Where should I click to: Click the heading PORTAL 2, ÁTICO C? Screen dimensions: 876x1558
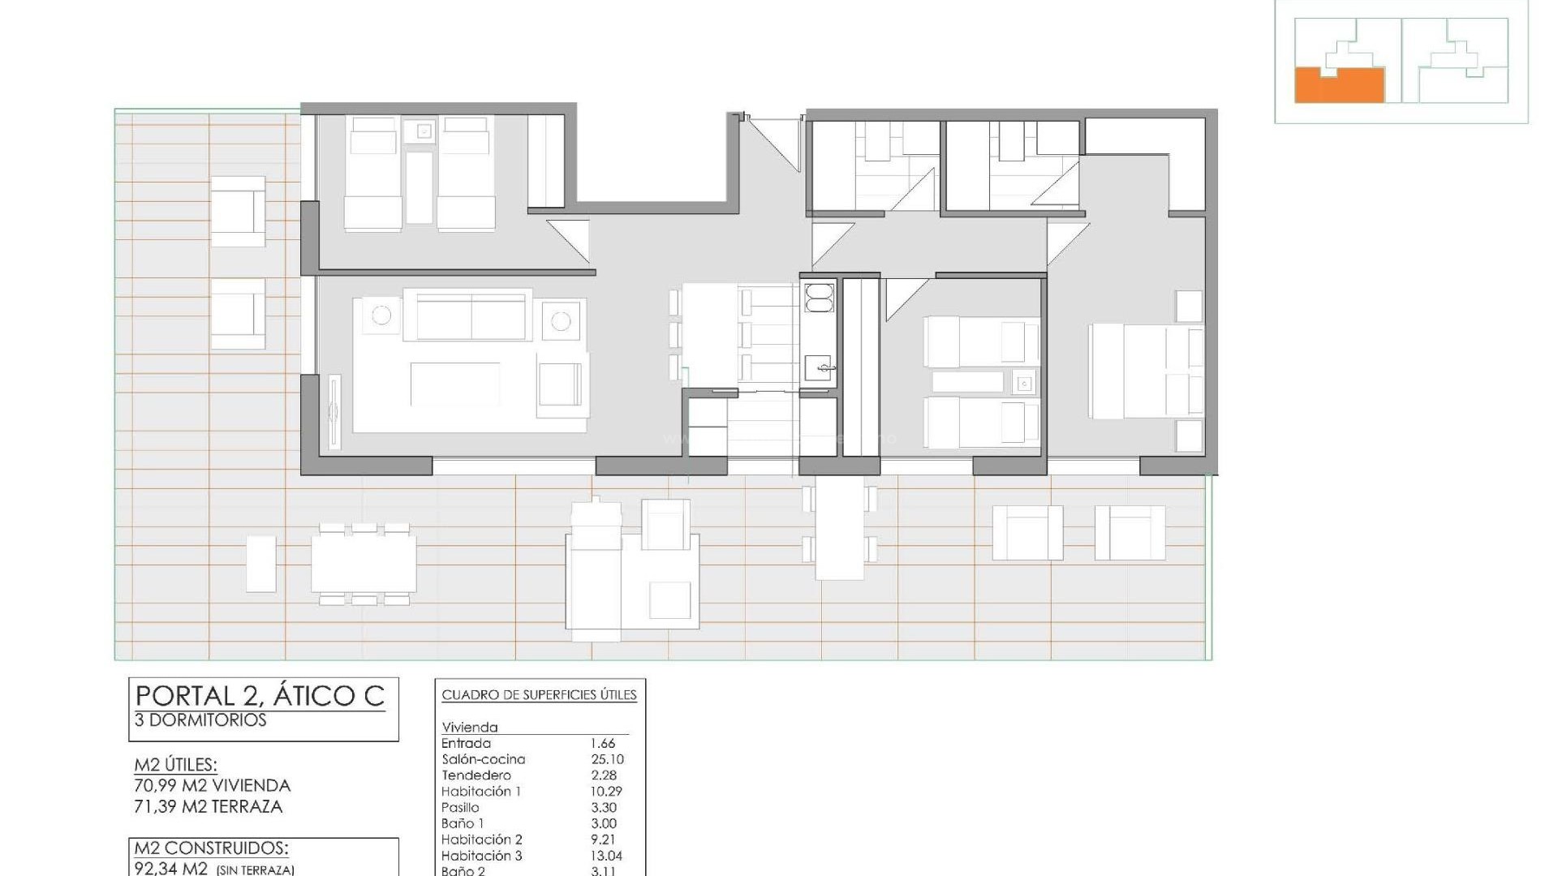pos(260,697)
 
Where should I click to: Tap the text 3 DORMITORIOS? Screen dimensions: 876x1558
pos(200,720)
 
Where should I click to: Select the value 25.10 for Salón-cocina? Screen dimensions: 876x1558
pos(607,759)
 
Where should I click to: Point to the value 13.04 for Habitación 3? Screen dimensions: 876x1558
pos(606,856)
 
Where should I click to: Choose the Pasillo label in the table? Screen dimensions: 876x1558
pos(460,807)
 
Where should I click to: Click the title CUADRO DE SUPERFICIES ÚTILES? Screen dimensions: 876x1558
pos(539,695)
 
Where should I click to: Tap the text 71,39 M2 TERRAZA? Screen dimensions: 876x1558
pos(209,806)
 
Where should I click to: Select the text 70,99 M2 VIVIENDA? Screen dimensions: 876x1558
pos(212,785)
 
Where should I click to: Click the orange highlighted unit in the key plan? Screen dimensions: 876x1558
pos(1339,86)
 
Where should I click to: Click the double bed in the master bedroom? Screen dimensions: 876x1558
pos(1144,371)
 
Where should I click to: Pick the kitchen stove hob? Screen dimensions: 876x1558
pos(818,297)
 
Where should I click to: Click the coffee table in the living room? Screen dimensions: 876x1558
pos(454,384)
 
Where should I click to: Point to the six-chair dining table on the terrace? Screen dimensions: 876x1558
pos(364,563)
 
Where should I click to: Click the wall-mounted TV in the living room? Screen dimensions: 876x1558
pos(334,411)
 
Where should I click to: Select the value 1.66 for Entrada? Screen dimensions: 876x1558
pos(603,743)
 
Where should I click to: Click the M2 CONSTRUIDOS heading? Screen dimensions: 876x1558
pos(211,848)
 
